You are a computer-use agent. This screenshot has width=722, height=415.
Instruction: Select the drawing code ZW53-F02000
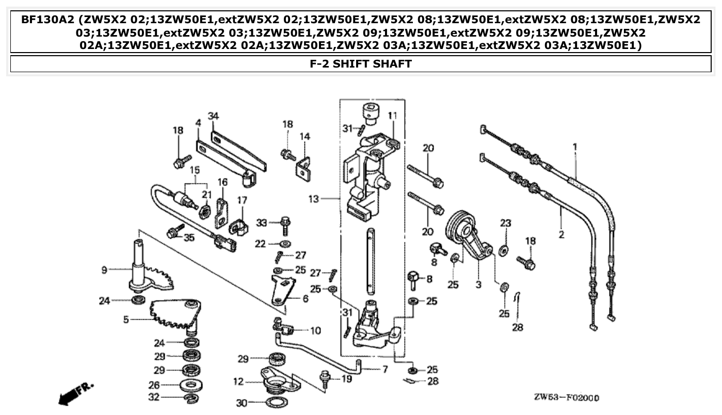566,398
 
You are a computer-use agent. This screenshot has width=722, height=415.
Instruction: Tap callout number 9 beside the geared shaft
104,269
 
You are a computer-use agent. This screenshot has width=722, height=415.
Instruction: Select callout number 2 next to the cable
561,235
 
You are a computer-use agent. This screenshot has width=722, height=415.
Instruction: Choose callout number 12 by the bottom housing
238,382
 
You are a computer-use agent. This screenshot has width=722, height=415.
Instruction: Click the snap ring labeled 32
191,397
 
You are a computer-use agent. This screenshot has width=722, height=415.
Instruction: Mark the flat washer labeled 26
191,385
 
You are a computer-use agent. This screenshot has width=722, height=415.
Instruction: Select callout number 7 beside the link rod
384,369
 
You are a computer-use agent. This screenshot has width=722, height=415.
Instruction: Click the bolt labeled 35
174,232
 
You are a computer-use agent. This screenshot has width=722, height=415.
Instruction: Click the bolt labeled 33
285,225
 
